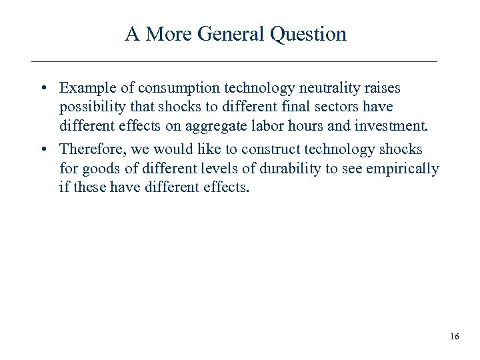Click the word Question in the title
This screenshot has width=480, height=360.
(309, 34)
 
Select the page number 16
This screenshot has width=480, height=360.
(454, 337)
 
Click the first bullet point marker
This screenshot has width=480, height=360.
(42, 88)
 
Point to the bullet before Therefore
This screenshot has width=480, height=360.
(42, 149)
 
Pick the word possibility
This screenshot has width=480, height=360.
(91, 107)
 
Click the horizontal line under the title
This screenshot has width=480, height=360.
(234, 61)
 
